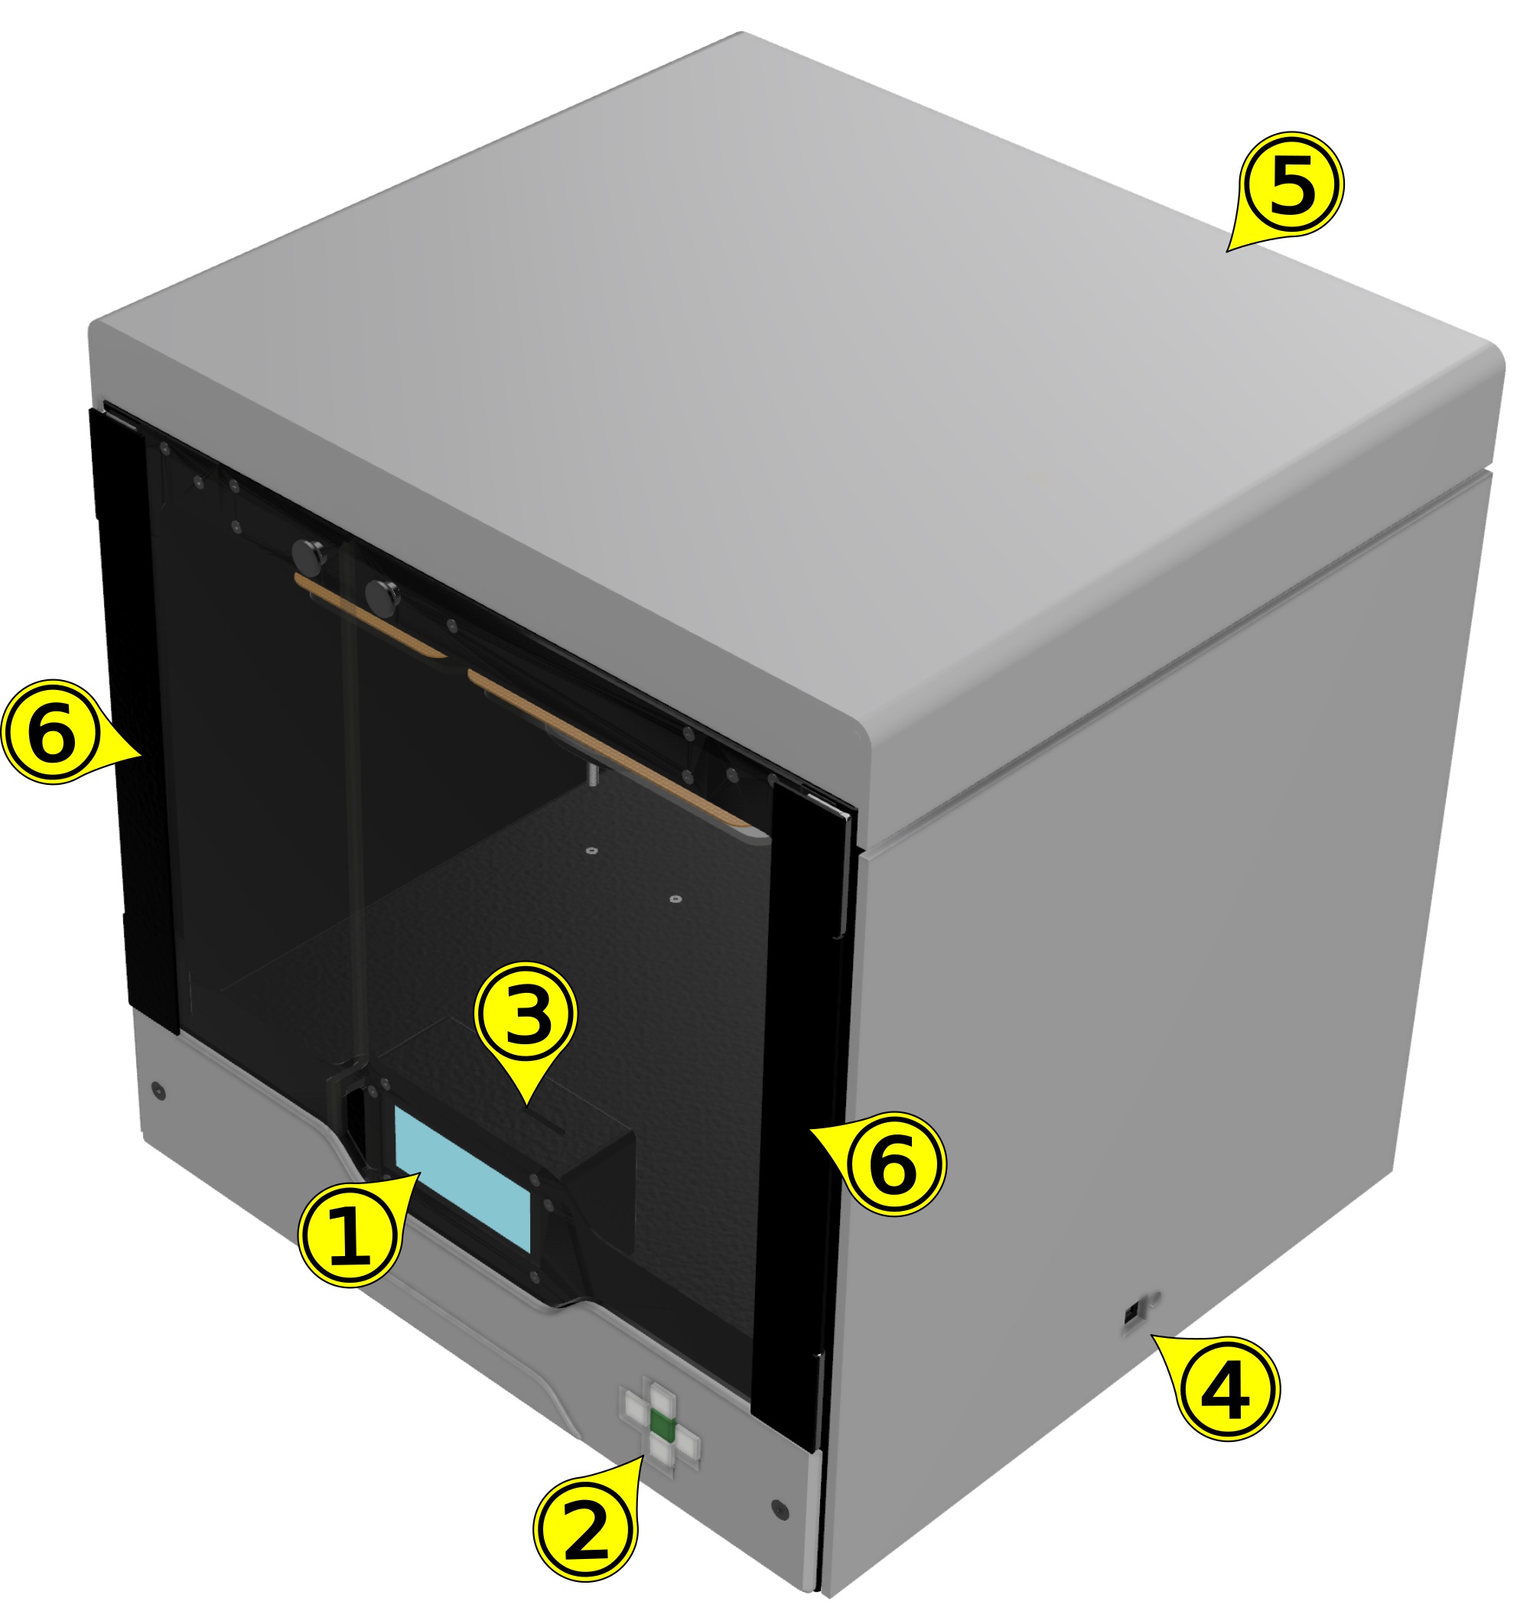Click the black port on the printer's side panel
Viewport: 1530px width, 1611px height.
click(x=1132, y=1315)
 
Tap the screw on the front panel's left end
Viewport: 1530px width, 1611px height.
click(x=159, y=1091)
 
